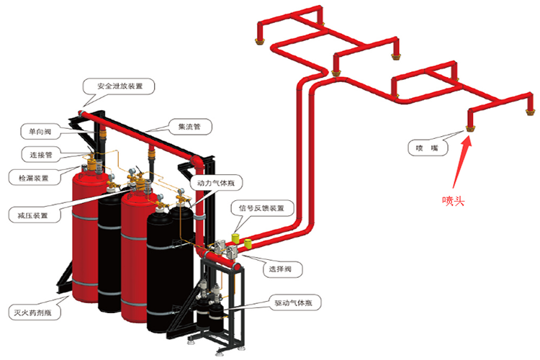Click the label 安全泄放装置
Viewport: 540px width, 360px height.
pos(120,86)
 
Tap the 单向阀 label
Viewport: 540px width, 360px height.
pos(40,131)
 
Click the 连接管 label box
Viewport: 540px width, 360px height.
pos(40,154)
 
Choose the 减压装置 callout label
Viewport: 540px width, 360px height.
pos(33,214)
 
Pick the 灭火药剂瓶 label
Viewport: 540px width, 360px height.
pos(37,313)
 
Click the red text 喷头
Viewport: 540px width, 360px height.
pos(453,201)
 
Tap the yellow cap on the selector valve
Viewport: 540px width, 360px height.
pos(248,243)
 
